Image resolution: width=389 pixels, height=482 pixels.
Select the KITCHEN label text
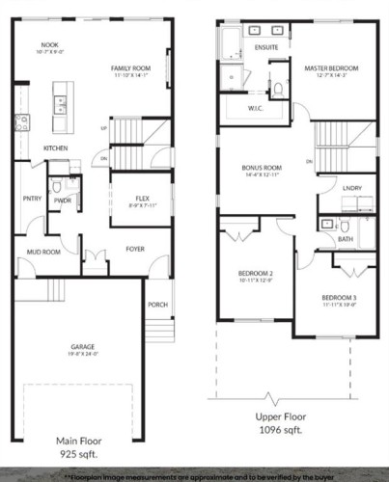click(x=55, y=147)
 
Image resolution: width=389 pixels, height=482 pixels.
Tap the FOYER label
click(x=136, y=248)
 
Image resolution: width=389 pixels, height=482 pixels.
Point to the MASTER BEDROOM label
click(x=331, y=68)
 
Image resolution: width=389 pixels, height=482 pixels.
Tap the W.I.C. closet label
click(x=256, y=108)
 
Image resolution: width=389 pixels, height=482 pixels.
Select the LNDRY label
click(x=351, y=188)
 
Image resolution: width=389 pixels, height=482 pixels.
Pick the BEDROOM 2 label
click(x=257, y=273)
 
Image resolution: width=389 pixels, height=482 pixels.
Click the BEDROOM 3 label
click(x=340, y=297)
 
